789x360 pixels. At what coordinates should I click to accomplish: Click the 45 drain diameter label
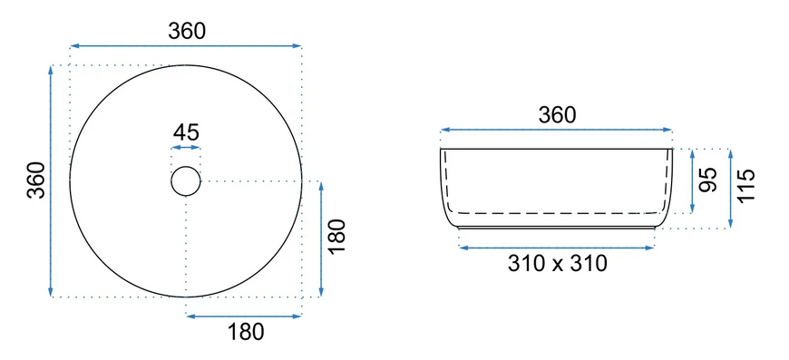click(186, 132)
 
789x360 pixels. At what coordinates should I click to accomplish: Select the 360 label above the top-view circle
click(187, 31)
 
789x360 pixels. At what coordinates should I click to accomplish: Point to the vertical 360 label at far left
click(37, 180)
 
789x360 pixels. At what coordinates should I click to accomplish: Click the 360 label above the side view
click(557, 115)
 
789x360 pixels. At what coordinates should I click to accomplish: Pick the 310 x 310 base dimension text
click(557, 264)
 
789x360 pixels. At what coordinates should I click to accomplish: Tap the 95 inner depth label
click(708, 180)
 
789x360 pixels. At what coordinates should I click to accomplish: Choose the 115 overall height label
click(746, 185)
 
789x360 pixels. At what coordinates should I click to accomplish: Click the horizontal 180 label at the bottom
click(246, 332)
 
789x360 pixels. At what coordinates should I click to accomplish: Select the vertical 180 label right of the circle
click(337, 237)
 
